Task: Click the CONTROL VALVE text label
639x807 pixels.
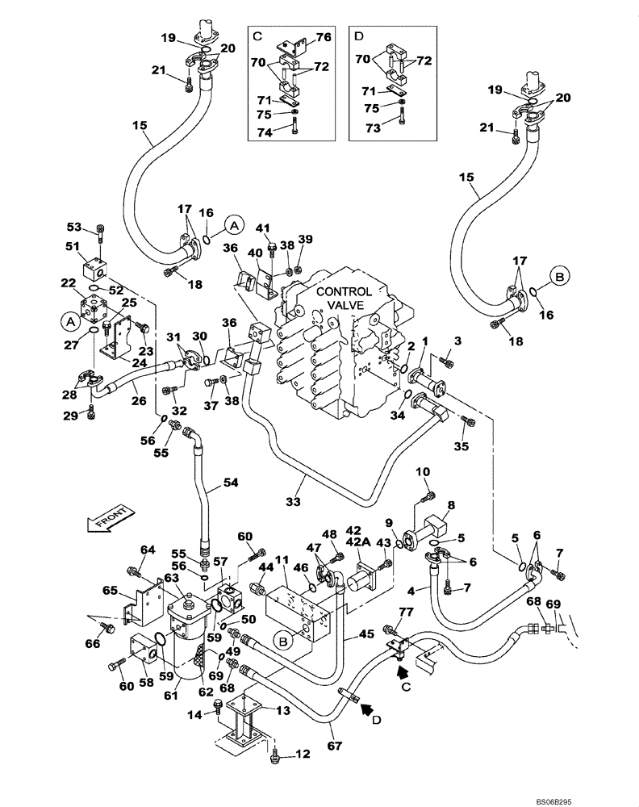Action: (x=344, y=299)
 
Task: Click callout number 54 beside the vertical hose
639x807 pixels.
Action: (x=231, y=483)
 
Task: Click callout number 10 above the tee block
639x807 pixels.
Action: (x=424, y=471)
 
